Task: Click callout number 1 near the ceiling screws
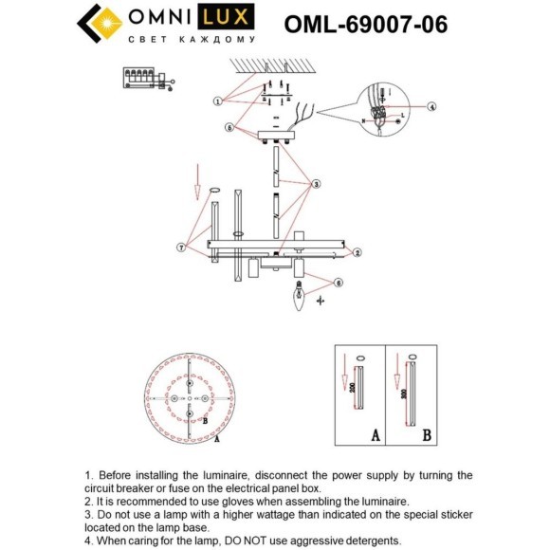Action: coord(218,100)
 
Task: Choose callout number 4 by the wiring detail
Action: coord(431,107)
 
